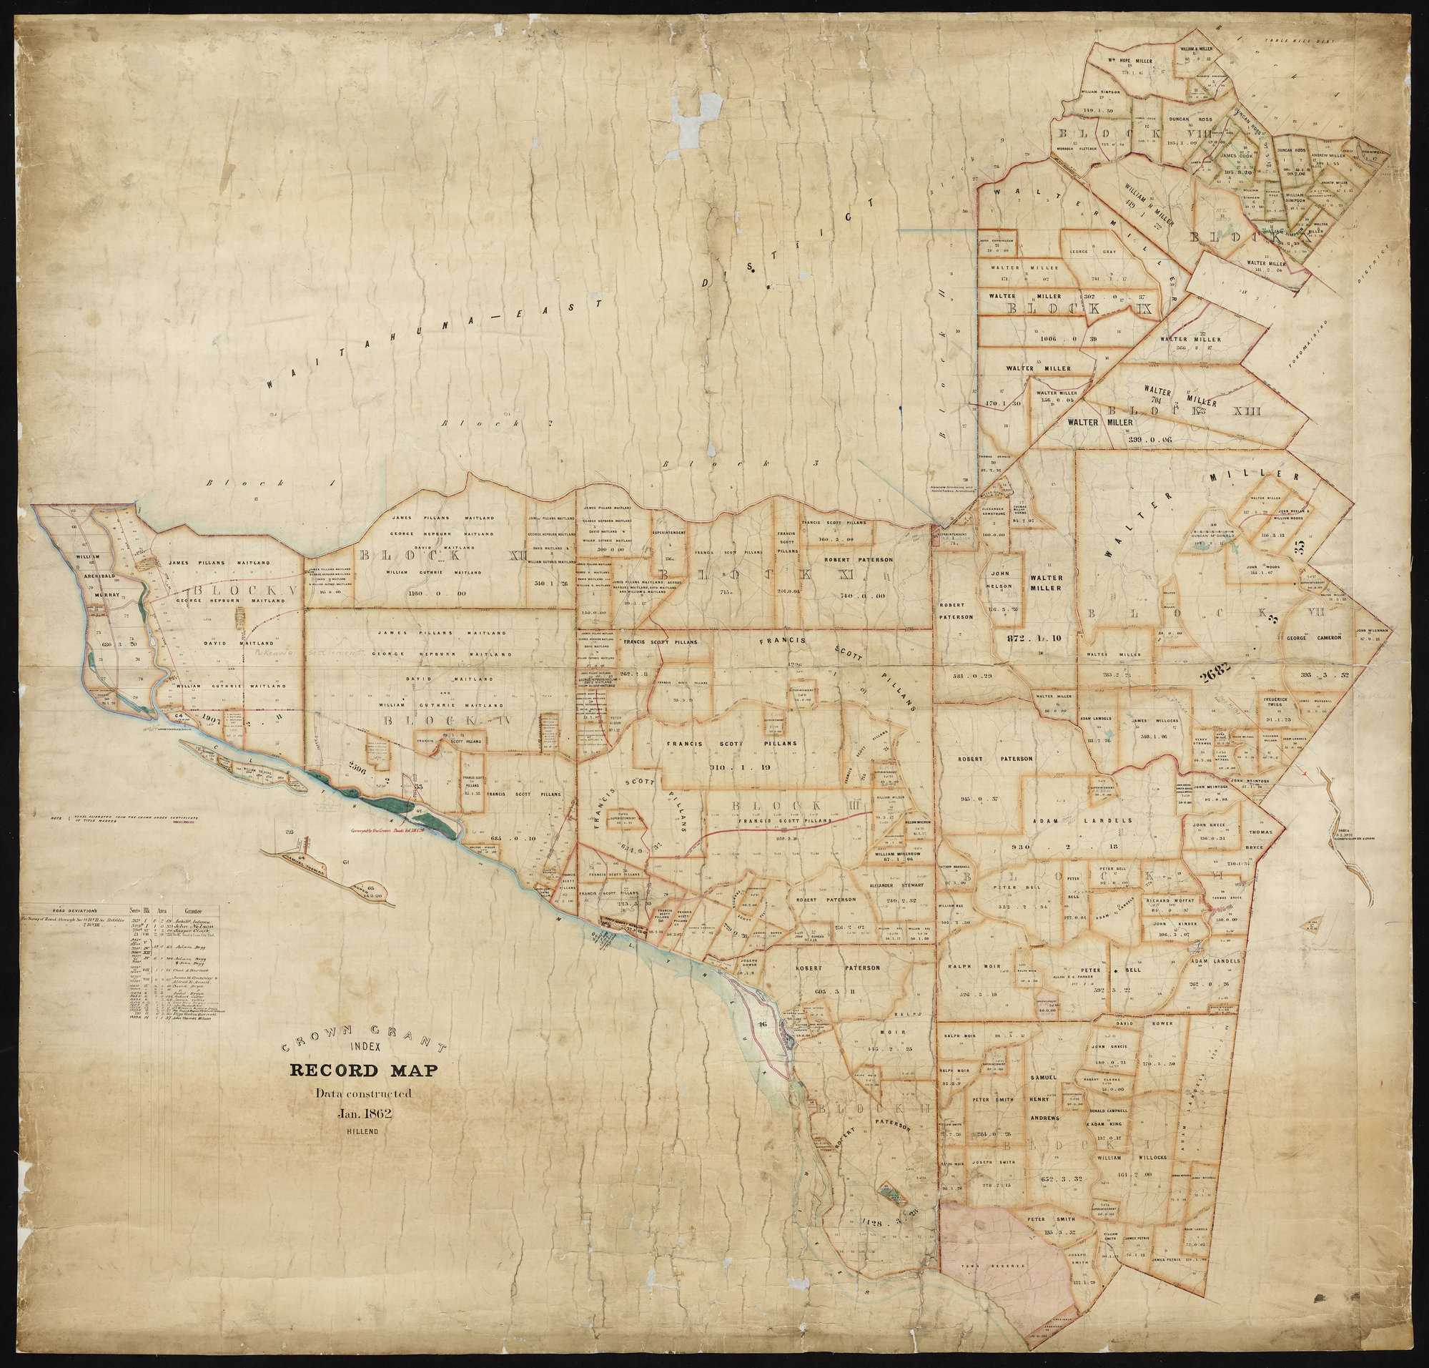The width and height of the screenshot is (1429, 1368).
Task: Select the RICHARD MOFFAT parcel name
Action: coord(1170,901)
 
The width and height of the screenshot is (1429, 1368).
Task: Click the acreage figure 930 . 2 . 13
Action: coord(1107,847)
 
